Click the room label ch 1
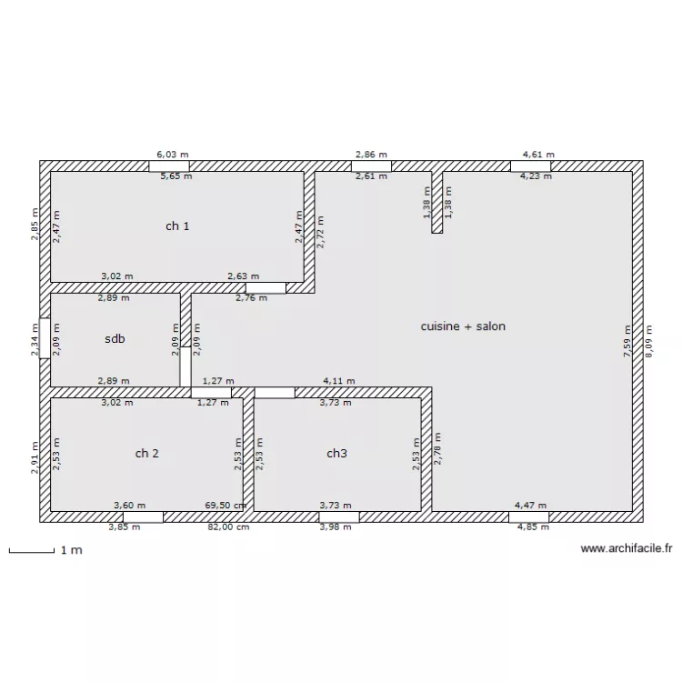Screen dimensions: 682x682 pos(177,226)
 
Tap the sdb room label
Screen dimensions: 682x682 pos(115,338)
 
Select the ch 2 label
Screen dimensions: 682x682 pos(147,453)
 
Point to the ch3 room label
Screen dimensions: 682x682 pos(336,453)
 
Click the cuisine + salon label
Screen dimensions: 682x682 pos(463,326)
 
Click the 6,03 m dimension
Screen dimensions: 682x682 pos(173,155)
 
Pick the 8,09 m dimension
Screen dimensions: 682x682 pos(648,341)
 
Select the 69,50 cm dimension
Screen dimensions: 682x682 pos(226,506)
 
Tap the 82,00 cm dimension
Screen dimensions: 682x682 pos(228,527)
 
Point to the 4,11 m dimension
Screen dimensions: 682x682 pos(339,381)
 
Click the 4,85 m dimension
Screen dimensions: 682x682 pos(533,527)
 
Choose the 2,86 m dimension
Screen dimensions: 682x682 pos(371,155)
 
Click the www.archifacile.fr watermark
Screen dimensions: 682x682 pos(627,548)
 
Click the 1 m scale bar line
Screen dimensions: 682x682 pos(32,552)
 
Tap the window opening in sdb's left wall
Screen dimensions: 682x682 pos(45,338)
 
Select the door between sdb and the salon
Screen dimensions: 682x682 pos(186,366)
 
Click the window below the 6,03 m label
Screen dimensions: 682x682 pos(169,166)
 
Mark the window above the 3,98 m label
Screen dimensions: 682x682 pos(339,517)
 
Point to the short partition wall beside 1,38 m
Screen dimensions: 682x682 pos(437,202)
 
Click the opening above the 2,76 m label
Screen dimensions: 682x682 pos(266,288)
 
